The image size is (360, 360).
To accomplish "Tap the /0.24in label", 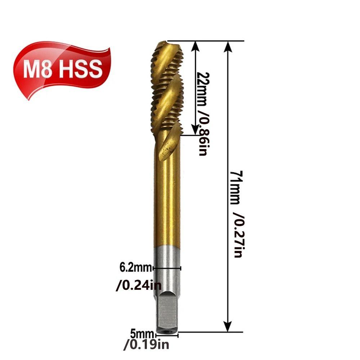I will click(138, 286).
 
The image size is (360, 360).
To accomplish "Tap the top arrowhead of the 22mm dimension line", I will click(195, 46).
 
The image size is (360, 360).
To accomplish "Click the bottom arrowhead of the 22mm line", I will click(195, 130).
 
